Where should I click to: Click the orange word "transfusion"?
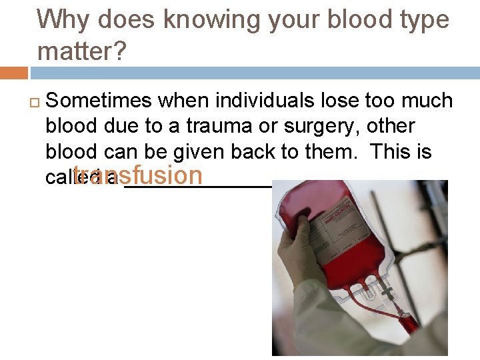click(x=138, y=175)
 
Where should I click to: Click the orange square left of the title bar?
click(x=14, y=73)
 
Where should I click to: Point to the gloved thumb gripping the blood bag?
click(x=300, y=221)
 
